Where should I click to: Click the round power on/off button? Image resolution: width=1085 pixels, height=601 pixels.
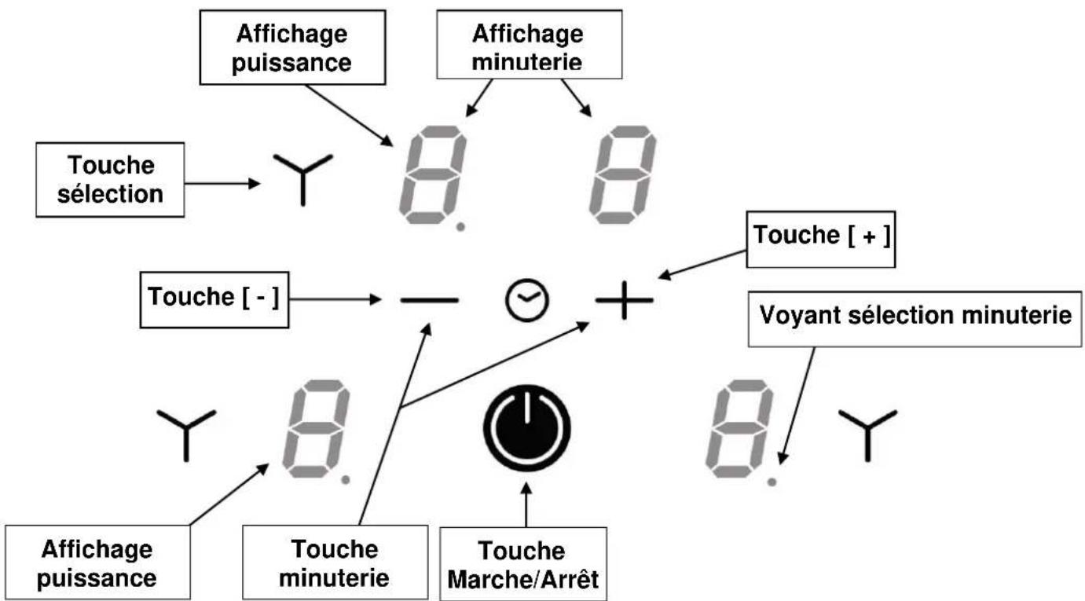[x=526, y=428]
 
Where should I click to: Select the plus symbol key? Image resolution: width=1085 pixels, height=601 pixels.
[x=624, y=300]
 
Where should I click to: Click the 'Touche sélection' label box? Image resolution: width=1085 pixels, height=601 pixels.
[x=110, y=179]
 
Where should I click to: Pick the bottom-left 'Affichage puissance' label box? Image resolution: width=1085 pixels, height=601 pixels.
[x=97, y=563]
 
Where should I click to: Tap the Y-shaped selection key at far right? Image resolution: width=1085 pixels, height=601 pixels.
[x=867, y=433]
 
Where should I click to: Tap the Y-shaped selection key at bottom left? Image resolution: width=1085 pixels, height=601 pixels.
[x=185, y=433]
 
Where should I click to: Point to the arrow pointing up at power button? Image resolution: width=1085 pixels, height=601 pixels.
[x=526, y=503]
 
